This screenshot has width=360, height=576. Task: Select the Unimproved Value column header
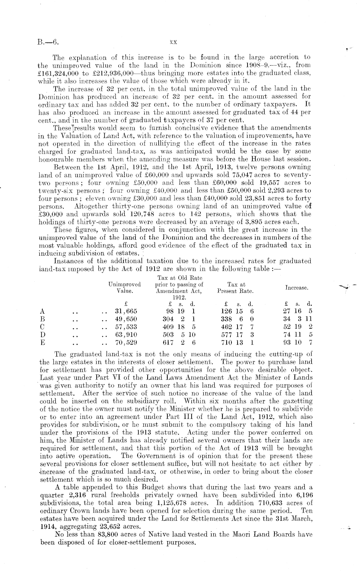(x=125, y=288)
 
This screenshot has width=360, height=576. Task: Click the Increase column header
(x=297, y=287)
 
